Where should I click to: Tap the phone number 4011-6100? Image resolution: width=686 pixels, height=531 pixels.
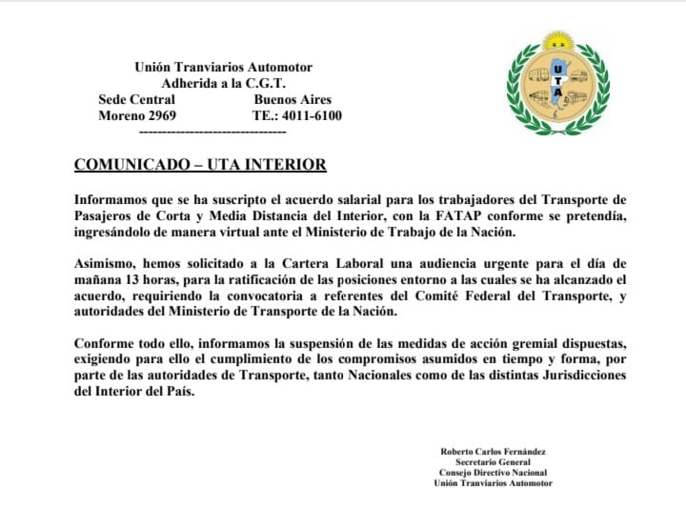pos(310,115)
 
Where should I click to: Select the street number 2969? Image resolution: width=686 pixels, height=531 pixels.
pos(157,115)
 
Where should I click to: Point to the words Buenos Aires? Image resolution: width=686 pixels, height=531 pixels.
pos(293,99)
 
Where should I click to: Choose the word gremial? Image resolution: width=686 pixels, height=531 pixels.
pos(544,341)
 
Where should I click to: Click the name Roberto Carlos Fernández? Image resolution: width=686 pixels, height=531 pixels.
pos(493,450)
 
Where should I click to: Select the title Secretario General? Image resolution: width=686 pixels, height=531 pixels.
pos(493,461)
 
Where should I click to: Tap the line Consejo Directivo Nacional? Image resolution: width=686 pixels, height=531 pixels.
pos(493,472)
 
